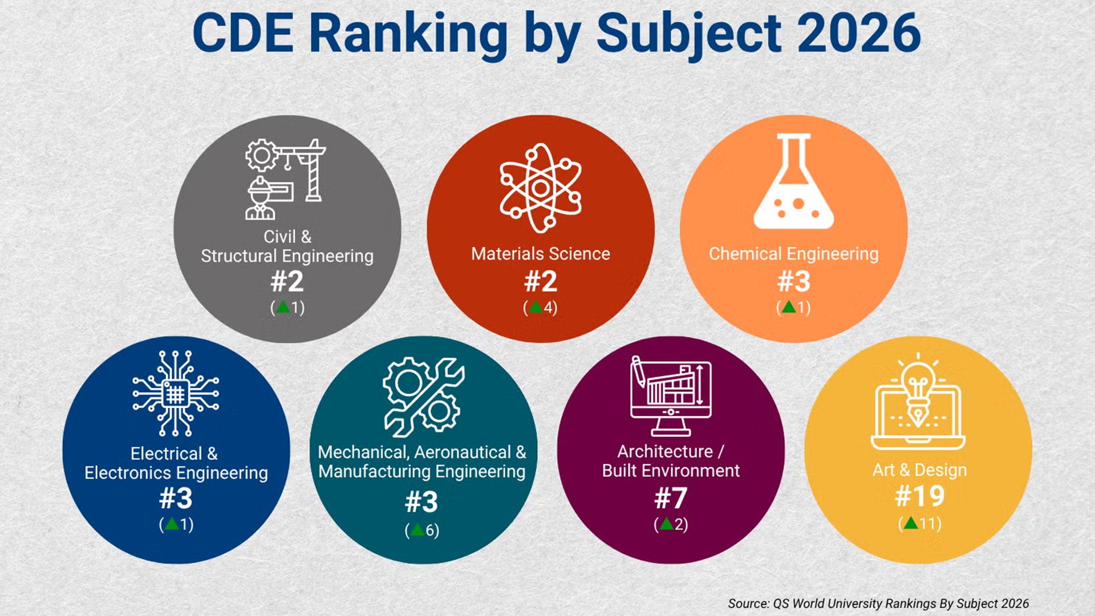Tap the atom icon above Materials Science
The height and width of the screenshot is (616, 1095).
(541, 188)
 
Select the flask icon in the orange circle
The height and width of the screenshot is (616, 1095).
(793, 183)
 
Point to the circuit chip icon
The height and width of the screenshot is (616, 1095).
(176, 394)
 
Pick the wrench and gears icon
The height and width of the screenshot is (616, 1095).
(423, 397)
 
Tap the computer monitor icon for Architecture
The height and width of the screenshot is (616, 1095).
(671, 396)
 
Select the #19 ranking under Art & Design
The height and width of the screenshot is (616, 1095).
(919, 496)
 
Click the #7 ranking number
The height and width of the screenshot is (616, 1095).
(671, 498)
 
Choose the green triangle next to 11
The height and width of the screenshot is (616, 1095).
(911, 522)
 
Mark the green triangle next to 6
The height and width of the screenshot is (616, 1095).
(417, 530)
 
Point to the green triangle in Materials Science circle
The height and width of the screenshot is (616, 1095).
(535, 307)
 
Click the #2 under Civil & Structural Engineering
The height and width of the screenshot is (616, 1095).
(287, 281)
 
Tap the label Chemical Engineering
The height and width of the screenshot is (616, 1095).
(793, 254)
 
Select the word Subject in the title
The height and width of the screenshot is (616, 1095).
(688, 33)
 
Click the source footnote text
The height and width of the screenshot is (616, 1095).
(878, 603)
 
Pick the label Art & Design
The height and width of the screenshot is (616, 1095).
(919, 470)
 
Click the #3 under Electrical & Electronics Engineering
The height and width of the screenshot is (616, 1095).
(176, 498)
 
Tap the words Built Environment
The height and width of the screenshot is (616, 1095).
(671, 471)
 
